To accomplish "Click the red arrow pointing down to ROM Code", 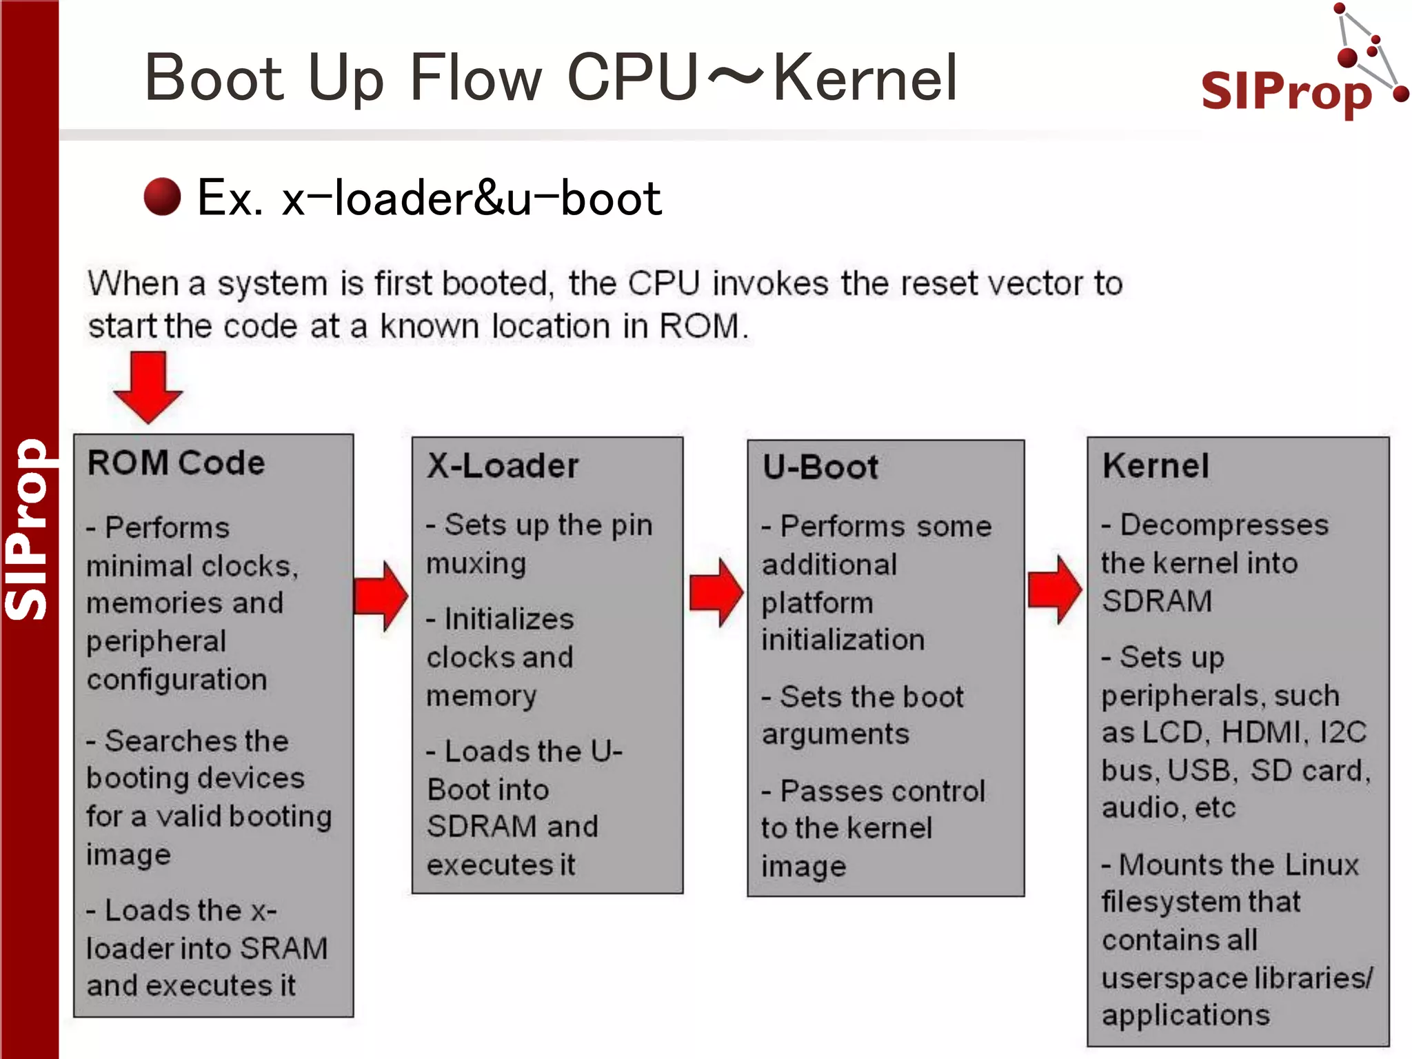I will [x=148, y=386].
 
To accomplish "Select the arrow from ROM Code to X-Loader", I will [x=381, y=596].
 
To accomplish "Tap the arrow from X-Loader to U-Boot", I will [x=716, y=593].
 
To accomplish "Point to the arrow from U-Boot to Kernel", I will [x=1054, y=590].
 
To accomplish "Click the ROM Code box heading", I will [x=176, y=463].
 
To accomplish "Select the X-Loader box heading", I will [x=503, y=466].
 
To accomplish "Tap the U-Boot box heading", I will [x=820, y=467].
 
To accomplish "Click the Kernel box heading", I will [x=1156, y=466].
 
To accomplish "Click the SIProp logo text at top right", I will [x=1286, y=92].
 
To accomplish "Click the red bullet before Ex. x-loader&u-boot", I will [x=162, y=197].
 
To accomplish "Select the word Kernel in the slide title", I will [x=865, y=78].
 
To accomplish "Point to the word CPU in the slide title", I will [x=633, y=78].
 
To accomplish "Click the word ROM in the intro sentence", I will [x=698, y=326].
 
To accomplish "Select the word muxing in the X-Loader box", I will [x=476, y=564].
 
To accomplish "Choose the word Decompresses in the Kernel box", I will [x=1224, y=525].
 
